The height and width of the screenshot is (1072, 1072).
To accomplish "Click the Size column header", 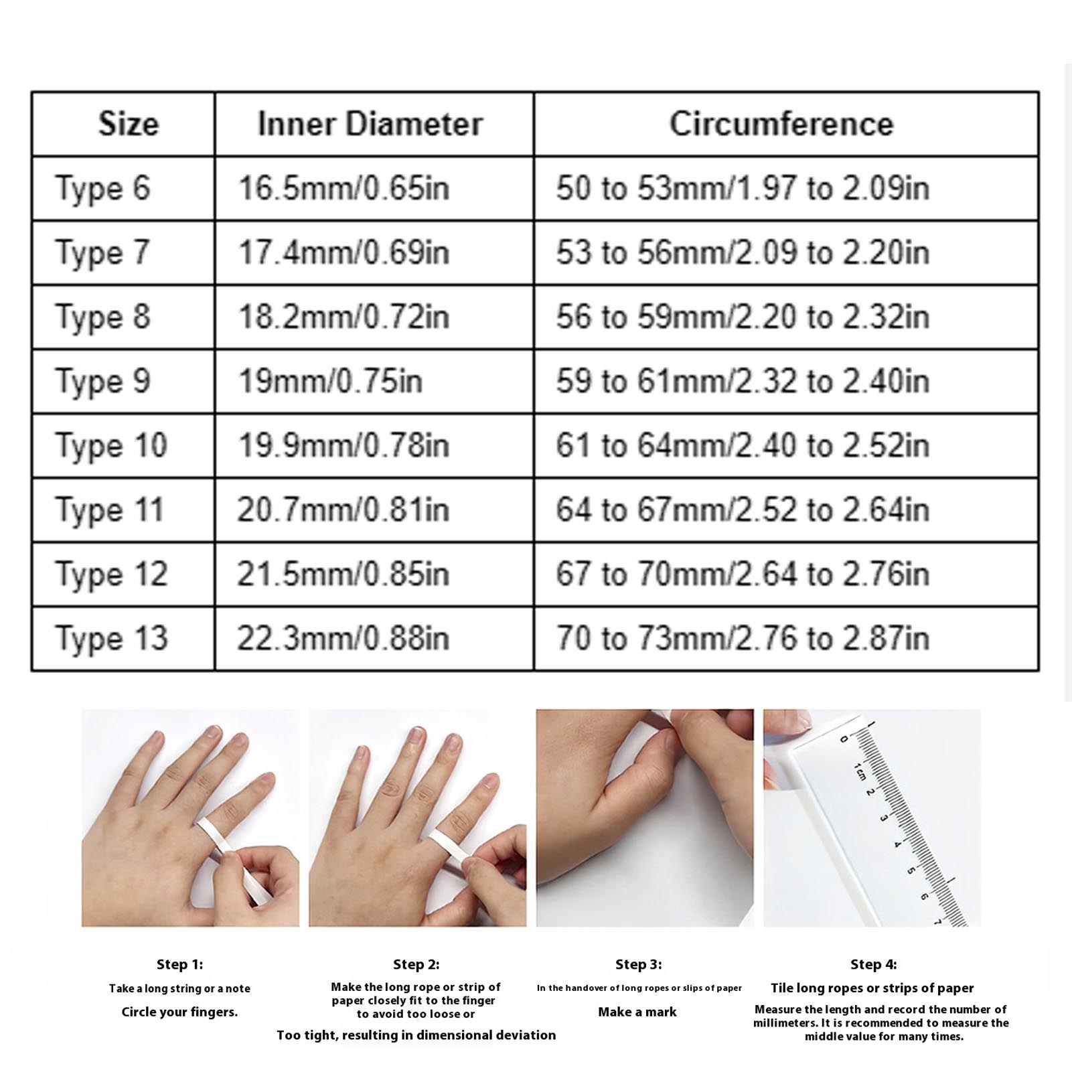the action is click(x=129, y=124).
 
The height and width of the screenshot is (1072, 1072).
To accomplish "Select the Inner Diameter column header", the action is click(x=370, y=124).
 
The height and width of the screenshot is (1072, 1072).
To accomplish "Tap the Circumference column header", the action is click(x=781, y=124).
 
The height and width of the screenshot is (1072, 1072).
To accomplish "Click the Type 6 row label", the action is click(x=102, y=189).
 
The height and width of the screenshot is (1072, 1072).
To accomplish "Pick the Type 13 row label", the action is click(x=111, y=639).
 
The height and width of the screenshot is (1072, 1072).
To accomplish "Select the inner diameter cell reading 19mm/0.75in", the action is click(x=330, y=382).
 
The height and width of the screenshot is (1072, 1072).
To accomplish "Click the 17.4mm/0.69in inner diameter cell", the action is click(x=343, y=253).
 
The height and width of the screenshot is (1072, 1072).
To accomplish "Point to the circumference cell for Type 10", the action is click(x=743, y=446).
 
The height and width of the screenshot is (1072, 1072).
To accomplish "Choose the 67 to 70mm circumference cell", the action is click(x=743, y=575).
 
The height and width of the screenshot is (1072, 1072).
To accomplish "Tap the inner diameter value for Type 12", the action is click(x=343, y=575).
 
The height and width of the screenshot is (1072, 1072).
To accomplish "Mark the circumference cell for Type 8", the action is click(x=743, y=317).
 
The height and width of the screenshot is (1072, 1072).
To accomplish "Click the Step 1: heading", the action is click(x=179, y=964).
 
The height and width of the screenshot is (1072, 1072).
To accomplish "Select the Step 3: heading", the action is click(x=638, y=964).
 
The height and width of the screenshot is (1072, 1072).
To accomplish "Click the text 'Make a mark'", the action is click(x=637, y=1012).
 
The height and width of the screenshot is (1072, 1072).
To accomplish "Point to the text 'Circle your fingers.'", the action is click(x=179, y=1012).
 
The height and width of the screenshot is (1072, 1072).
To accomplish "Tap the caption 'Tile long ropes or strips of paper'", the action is click(x=872, y=988).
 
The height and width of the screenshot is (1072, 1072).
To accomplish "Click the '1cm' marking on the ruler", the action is click(x=860, y=771).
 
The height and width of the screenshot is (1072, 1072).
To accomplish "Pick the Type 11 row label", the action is click(x=110, y=510).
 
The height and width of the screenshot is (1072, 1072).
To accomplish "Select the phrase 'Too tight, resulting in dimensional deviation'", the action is click(x=416, y=1035).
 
